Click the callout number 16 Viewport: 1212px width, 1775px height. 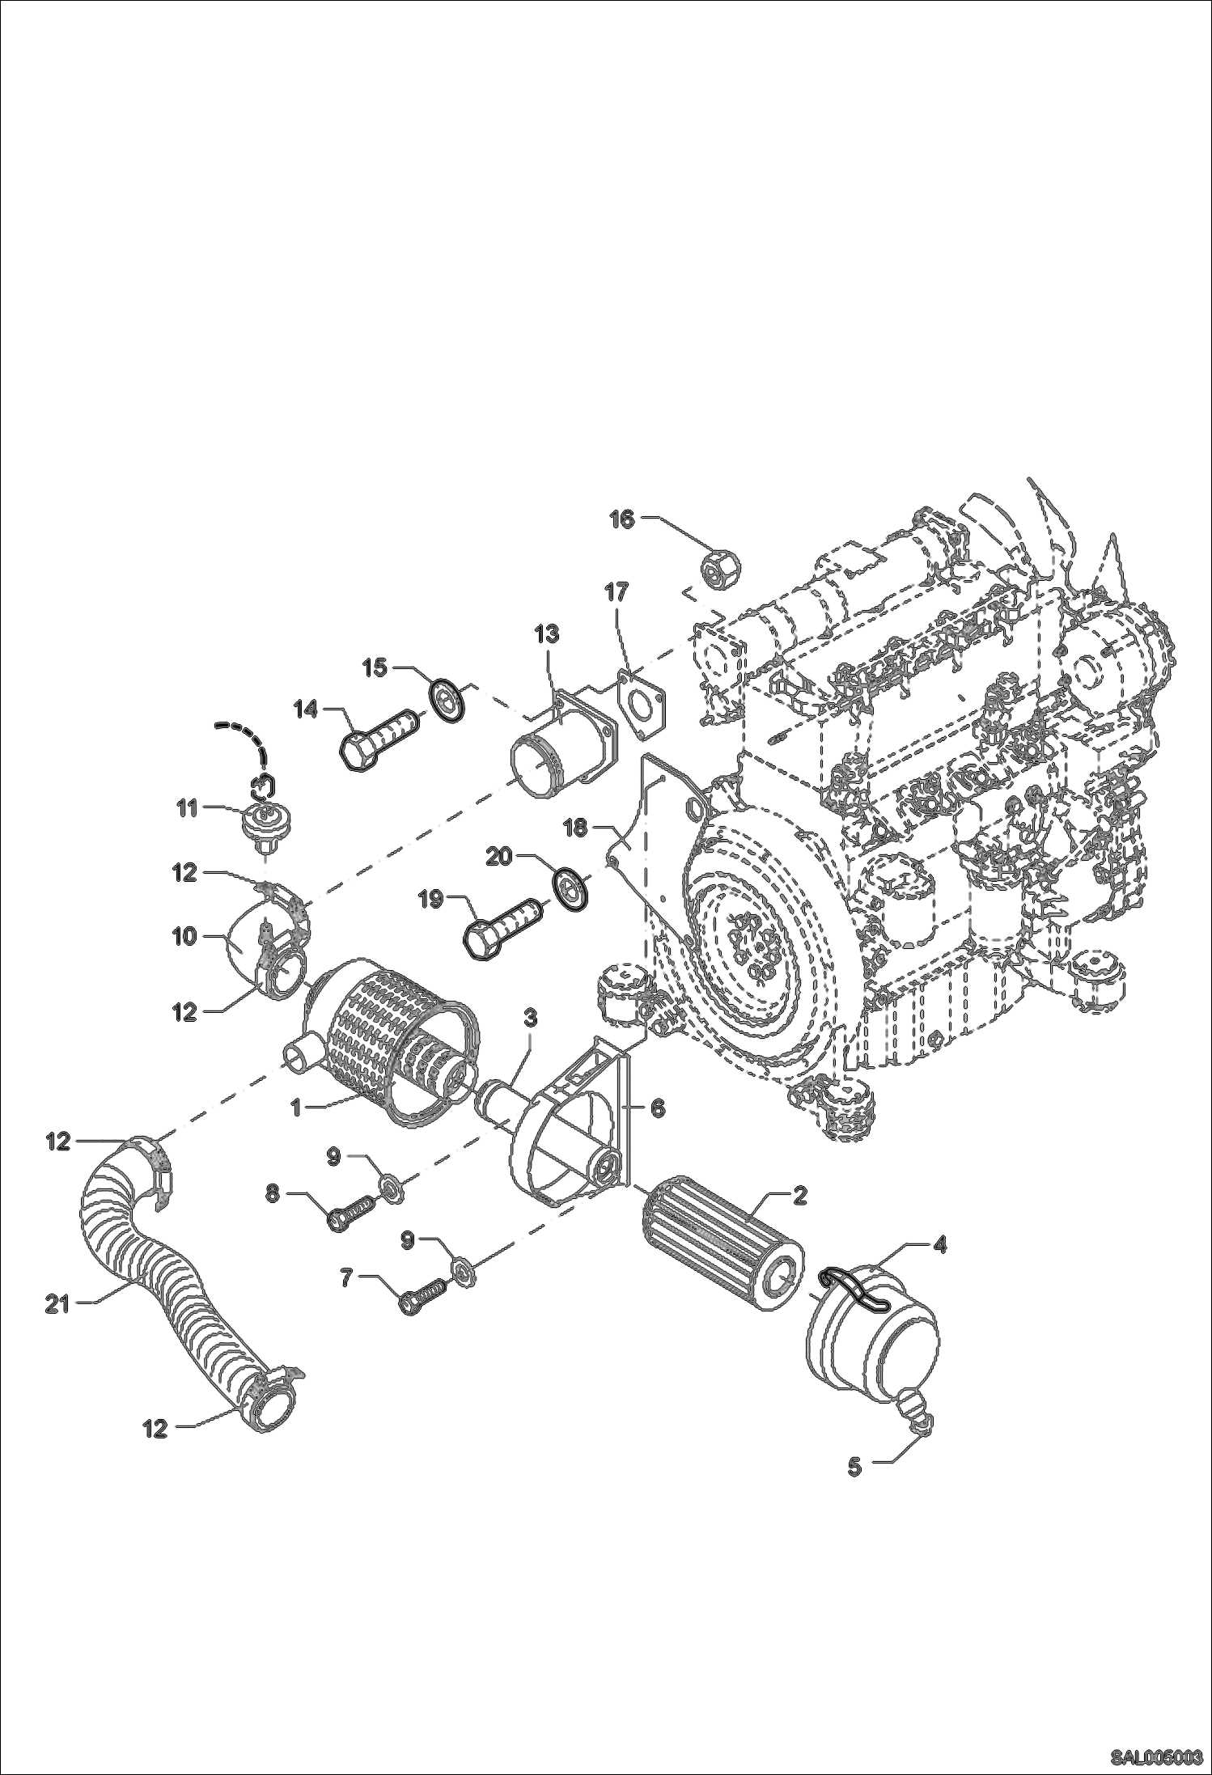[x=621, y=519]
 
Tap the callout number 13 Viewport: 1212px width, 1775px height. [x=547, y=633]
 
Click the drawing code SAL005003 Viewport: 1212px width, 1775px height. [x=1155, y=1754]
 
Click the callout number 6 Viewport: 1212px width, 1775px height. [x=657, y=1108]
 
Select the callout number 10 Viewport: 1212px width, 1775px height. [x=184, y=937]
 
